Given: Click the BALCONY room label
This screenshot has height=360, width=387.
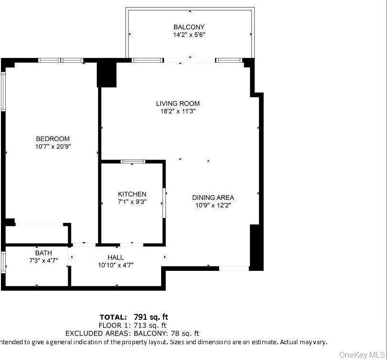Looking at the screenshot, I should tap(189, 27).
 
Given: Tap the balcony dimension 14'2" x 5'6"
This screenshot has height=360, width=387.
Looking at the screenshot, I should tap(189, 35).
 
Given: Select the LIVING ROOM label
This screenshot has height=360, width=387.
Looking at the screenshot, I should tap(177, 103).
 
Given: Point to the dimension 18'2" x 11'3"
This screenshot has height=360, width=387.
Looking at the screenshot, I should tap(177, 111).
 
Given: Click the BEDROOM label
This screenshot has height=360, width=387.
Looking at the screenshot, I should tap(53, 139).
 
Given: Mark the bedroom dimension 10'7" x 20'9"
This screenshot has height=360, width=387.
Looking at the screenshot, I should tap(53, 146).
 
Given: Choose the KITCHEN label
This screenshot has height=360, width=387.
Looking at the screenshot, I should tap(132, 194).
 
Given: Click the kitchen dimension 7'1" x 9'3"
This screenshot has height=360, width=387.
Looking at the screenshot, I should tap(132, 201).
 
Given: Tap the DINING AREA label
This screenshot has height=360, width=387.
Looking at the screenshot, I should tap(213, 197).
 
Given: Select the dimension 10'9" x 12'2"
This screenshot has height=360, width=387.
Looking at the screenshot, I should tap(213, 205).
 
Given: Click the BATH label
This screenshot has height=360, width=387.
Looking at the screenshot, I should tap(44, 253).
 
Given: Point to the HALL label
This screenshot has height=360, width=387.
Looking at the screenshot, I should tap(116, 257).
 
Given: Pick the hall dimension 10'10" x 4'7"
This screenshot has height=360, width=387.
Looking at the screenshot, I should tap(116, 265).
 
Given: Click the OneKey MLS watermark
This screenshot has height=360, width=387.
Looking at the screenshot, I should tap(362, 355).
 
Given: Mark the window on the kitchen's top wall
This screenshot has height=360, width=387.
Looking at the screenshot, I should tap(133, 162).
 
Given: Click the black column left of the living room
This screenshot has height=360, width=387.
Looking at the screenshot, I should tap(107, 74).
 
